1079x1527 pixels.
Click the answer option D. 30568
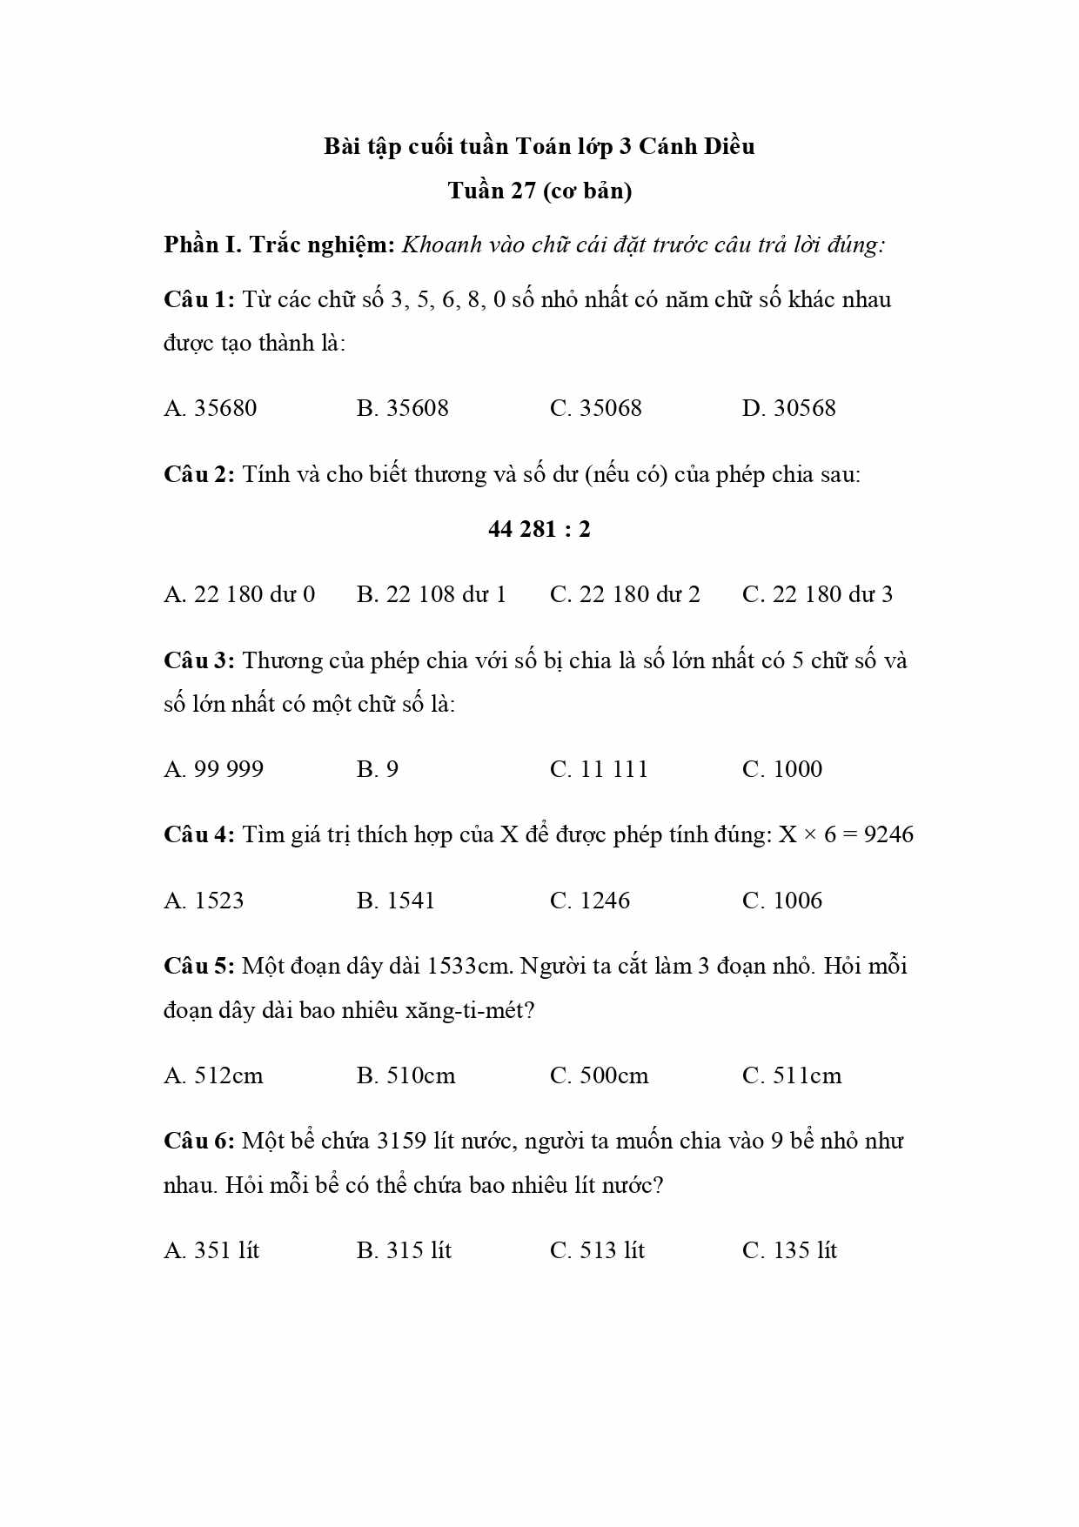coord(788,408)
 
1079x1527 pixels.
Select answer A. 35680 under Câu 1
coord(211,408)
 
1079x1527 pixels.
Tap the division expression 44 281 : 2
coord(539,529)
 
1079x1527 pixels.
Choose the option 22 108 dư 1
coord(432,594)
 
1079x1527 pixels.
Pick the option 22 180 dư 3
coord(817,594)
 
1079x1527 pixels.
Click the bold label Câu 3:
coord(199,660)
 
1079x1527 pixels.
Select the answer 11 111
coord(599,769)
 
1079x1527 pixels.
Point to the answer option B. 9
coord(378,769)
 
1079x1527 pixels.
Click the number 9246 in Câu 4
coord(888,835)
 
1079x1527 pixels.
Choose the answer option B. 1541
coord(396,901)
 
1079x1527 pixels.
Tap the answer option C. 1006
coord(782,901)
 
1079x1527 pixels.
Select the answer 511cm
coord(792,1076)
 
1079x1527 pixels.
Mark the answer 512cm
coord(214,1076)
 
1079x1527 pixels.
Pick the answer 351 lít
coord(211,1251)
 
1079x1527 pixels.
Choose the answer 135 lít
coord(789,1251)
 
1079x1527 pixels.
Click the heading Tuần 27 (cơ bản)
coord(539,191)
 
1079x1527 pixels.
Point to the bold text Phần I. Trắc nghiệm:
coord(279,244)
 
